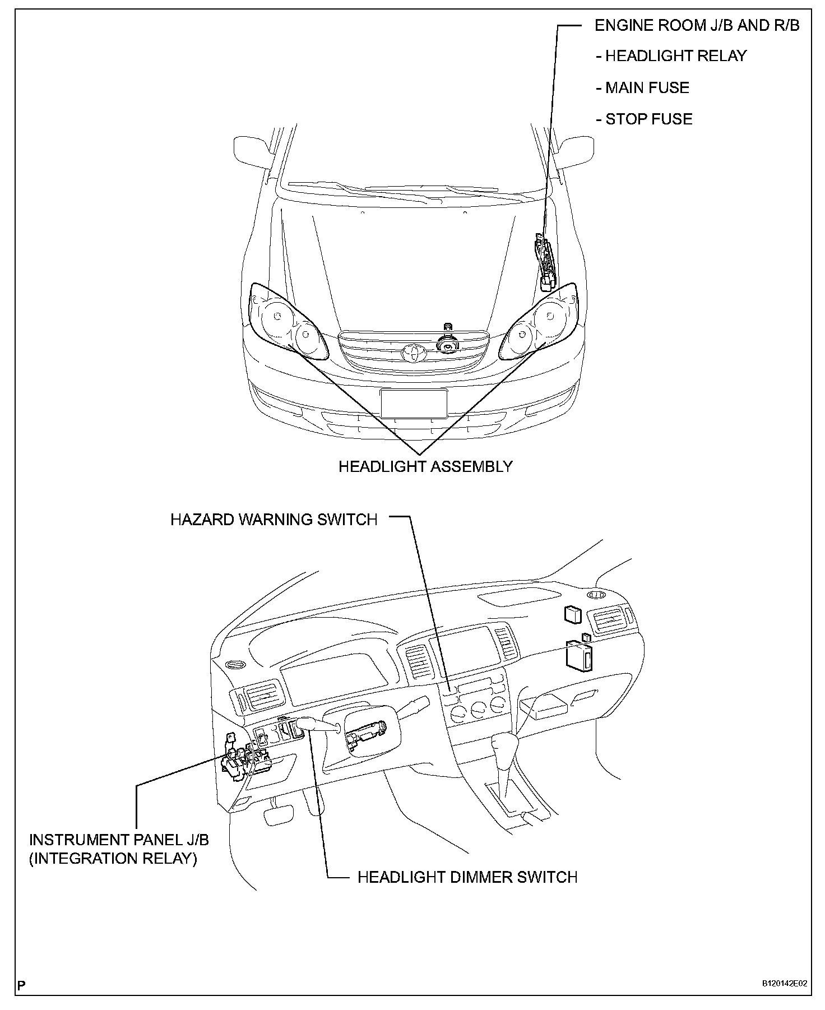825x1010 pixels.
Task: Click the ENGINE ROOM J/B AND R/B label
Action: point(697,25)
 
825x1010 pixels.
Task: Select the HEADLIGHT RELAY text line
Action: point(675,56)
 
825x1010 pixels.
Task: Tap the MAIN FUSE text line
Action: point(647,87)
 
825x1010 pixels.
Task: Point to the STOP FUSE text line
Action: point(648,119)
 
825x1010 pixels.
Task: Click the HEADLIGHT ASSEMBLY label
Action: point(425,466)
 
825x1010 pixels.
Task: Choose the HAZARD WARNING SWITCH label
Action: point(274,520)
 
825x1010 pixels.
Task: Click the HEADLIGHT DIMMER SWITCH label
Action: point(467,877)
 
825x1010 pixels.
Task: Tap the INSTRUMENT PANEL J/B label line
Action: point(119,840)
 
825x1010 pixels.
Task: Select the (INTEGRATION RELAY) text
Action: point(113,859)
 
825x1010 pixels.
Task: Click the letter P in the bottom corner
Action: point(22,985)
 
